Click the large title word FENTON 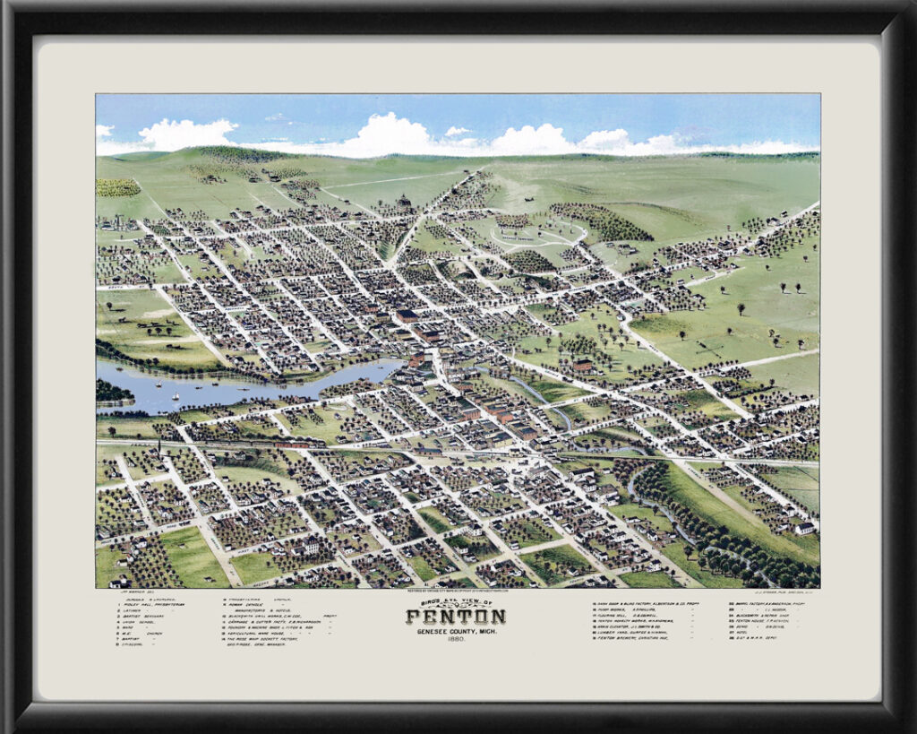(455, 617)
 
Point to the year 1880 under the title (455, 642)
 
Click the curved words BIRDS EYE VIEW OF (455, 604)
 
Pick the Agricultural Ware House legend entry (260, 631)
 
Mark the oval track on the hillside (537, 235)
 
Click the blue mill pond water (224, 385)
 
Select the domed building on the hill (404, 201)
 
